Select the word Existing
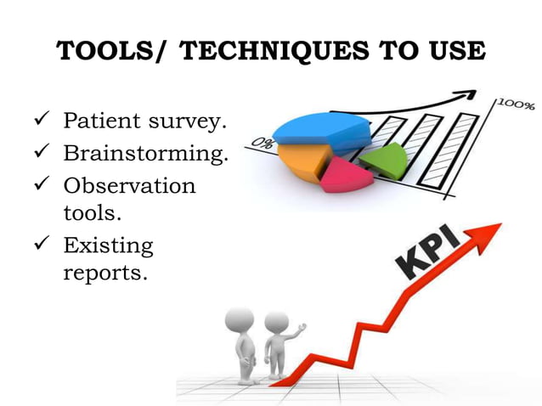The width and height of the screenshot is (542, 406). (108, 246)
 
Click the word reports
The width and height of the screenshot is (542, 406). (105, 273)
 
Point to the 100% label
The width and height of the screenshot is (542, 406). (515, 105)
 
